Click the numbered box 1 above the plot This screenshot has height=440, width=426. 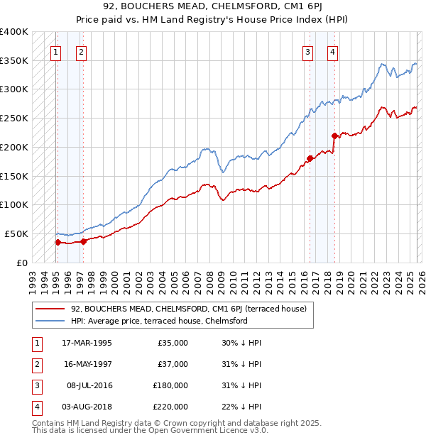(x=56, y=51)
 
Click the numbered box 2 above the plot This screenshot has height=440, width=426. (x=82, y=51)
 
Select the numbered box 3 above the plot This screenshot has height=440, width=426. (x=307, y=51)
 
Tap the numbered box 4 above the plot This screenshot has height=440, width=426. (x=332, y=51)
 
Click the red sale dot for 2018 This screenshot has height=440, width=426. (x=334, y=135)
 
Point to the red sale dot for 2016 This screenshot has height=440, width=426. (x=310, y=158)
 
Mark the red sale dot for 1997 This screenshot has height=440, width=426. (x=84, y=241)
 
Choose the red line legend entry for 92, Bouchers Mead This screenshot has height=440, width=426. (x=188, y=309)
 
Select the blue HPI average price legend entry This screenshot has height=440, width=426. (x=158, y=321)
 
